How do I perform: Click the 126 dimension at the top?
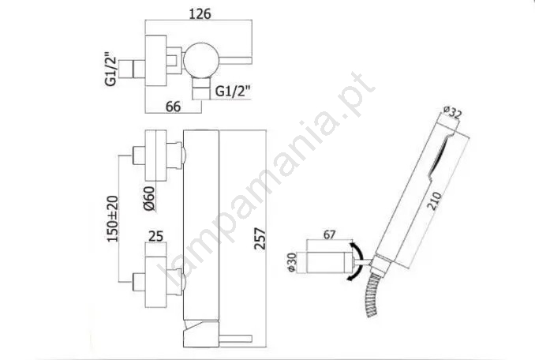coord(200,13)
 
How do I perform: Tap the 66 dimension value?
coord(173,107)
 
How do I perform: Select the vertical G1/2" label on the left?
coord(111,69)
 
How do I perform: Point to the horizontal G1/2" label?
coord(233,91)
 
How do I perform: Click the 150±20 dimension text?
coord(113,219)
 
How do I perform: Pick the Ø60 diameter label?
coord(149,199)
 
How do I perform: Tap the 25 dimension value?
coord(156,236)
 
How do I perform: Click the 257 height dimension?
coord(260,238)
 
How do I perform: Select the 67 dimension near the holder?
coord(329,234)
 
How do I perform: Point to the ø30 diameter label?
coord(292,262)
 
